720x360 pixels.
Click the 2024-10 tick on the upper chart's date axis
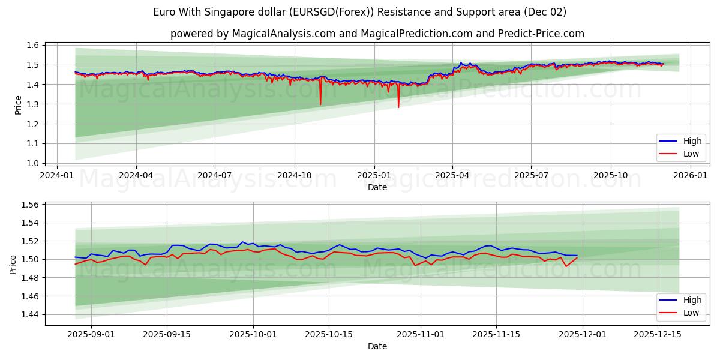click(295, 175)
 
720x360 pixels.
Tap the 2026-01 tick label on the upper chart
click(690, 175)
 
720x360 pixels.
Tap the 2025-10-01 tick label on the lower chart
click(253, 335)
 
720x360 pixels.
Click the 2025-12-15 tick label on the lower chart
click(658, 335)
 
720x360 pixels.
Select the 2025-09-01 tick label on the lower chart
click(91, 335)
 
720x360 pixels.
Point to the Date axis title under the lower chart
click(377, 346)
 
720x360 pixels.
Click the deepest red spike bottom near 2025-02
click(398, 107)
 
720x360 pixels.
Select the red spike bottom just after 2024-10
click(320, 105)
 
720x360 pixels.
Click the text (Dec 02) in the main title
click(544, 12)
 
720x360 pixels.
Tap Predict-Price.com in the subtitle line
click(541, 34)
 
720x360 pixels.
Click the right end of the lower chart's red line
click(577, 257)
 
